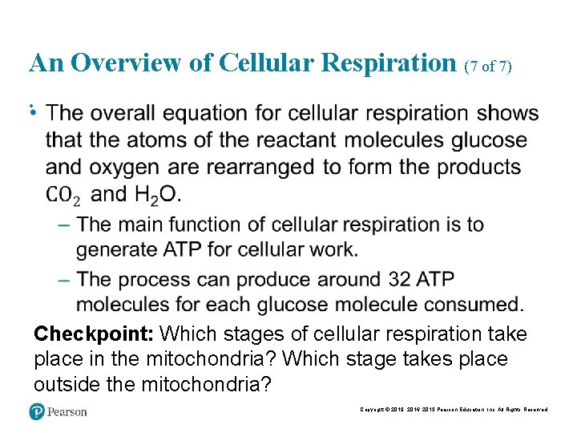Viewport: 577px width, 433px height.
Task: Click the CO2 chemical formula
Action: tap(63, 195)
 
